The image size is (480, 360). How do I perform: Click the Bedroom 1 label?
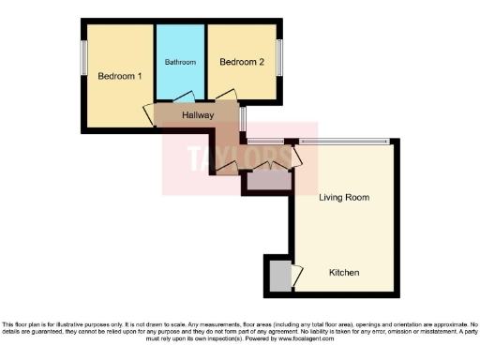tap(119, 77)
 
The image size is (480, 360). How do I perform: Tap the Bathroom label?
tap(180, 62)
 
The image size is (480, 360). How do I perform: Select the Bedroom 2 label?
tap(242, 62)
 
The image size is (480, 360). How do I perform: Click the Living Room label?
tap(343, 198)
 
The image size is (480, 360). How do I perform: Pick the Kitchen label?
tap(346, 273)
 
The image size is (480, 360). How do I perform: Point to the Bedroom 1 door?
tap(149, 114)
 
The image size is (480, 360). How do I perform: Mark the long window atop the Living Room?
tap(343, 142)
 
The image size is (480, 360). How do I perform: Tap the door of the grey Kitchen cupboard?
tap(296, 277)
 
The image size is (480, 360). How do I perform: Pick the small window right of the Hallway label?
tap(242, 120)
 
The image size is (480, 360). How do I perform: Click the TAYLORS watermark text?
tap(240, 157)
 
